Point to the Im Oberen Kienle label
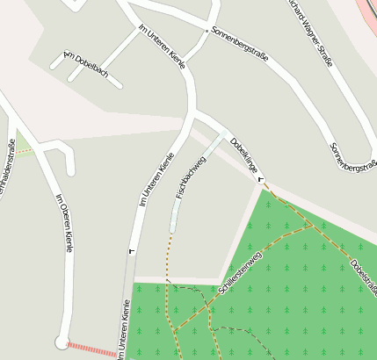[x=63, y=223]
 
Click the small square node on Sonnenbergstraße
[x=207, y=31]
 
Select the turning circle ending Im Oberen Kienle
[x=62, y=342]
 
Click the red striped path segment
[x=90, y=349]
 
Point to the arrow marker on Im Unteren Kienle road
[x=133, y=251]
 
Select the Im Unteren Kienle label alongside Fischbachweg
[x=156, y=179]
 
